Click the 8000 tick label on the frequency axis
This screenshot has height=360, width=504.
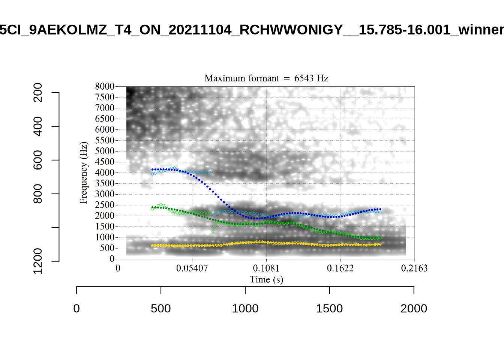tap(105, 86)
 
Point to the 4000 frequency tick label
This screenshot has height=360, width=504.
tap(105, 172)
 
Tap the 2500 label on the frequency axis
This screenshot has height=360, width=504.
tap(105, 205)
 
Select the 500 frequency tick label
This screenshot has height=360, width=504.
tap(107, 248)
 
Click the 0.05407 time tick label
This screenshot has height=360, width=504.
tap(192, 268)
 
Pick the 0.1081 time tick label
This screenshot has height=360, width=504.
tap(266, 268)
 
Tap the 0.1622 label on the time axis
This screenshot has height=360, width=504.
tap(340, 268)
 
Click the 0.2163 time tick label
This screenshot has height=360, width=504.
tap(414, 268)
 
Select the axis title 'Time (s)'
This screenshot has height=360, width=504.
tap(266, 279)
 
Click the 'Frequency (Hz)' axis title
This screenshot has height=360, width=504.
tap(83, 172)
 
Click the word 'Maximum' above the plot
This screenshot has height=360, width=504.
tap(223, 78)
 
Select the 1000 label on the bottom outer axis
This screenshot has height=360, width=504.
tap(245, 309)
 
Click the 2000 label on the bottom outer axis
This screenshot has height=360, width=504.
tap(414, 309)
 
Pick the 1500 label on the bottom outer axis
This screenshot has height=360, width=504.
tap(329, 309)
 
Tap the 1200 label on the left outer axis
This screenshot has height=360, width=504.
tap(38, 261)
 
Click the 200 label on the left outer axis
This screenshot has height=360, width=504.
tap(38, 93)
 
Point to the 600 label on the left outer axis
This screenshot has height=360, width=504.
tap(38, 160)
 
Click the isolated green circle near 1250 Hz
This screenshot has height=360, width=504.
tap(213, 231)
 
